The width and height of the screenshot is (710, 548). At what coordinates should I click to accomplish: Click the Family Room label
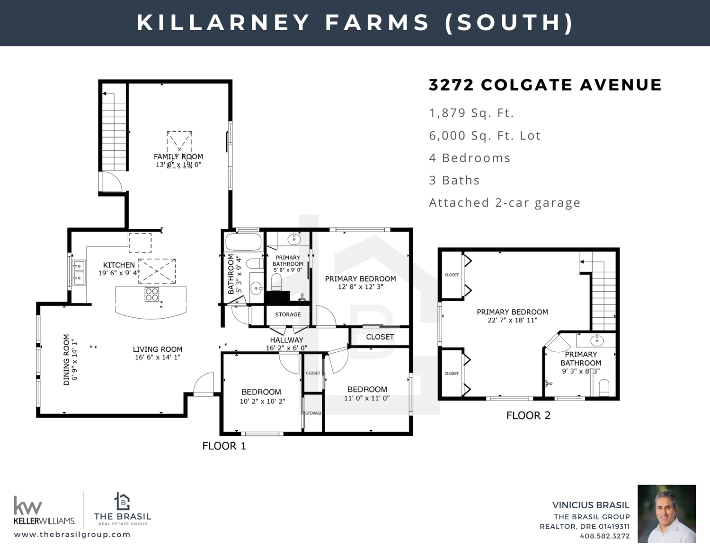178,157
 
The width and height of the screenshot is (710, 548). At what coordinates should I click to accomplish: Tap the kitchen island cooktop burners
152,295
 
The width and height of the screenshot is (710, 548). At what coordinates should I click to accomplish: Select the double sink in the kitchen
79,273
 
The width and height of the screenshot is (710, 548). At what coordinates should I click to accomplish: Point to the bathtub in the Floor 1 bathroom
244,242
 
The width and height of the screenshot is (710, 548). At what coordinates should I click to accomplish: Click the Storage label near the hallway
288,314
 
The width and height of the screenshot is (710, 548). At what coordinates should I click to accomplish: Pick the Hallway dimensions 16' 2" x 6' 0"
286,348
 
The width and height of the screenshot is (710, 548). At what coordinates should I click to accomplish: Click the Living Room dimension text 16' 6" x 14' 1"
158,357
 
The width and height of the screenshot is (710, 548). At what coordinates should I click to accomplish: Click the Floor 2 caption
528,416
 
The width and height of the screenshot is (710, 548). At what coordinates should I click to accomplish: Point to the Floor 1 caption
224,446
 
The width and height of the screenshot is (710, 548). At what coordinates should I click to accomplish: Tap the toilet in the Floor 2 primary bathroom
604,387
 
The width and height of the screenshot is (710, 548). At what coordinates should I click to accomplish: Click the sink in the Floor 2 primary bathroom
597,340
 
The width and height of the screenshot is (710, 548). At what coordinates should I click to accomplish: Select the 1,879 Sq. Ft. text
471,113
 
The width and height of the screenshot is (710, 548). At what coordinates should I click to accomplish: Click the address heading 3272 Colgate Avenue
545,85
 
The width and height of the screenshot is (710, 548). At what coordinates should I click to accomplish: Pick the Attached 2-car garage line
505,203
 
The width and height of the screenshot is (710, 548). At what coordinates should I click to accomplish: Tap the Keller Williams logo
44,510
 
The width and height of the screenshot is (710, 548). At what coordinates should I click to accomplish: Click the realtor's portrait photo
667,514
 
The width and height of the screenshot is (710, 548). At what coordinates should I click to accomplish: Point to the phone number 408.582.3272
604,536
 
